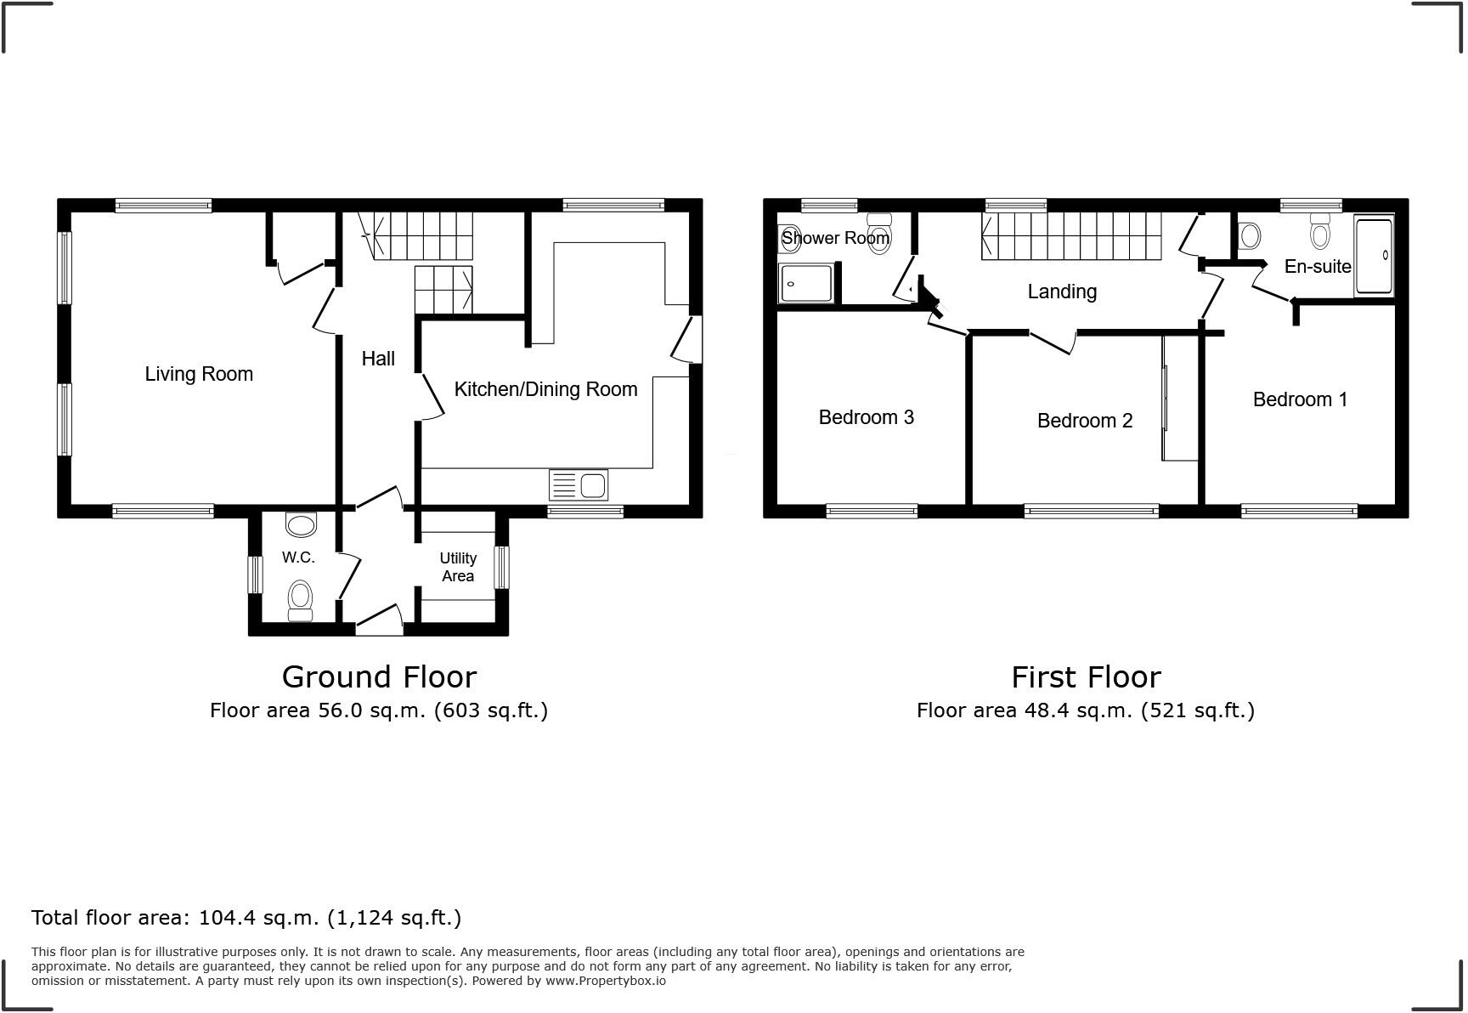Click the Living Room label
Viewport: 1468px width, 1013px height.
coord(199,374)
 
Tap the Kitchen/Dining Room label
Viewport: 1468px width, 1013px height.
coord(545,389)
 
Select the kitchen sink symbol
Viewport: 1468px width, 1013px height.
coord(579,485)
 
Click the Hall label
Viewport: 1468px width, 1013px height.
coord(378,359)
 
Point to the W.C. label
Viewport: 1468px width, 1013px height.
coord(298,557)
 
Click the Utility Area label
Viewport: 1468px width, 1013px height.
coord(458,567)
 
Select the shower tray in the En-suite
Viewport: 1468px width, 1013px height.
coord(1374,256)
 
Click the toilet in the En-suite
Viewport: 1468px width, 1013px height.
coord(1320,231)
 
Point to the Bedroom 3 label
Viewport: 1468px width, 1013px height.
coord(866,417)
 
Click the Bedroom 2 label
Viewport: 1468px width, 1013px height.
coord(1085,421)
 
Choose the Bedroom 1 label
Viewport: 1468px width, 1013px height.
coord(1300,399)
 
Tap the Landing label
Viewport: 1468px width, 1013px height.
coord(1062,291)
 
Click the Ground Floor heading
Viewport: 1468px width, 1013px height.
coord(379,677)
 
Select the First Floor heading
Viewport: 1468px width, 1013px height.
coord(1086,677)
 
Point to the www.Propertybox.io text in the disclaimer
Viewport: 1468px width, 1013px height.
coord(605,981)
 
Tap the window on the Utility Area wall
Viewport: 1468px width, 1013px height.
coord(501,567)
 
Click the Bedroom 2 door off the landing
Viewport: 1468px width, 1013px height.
coord(1054,342)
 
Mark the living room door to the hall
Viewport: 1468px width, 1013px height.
coord(324,310)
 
